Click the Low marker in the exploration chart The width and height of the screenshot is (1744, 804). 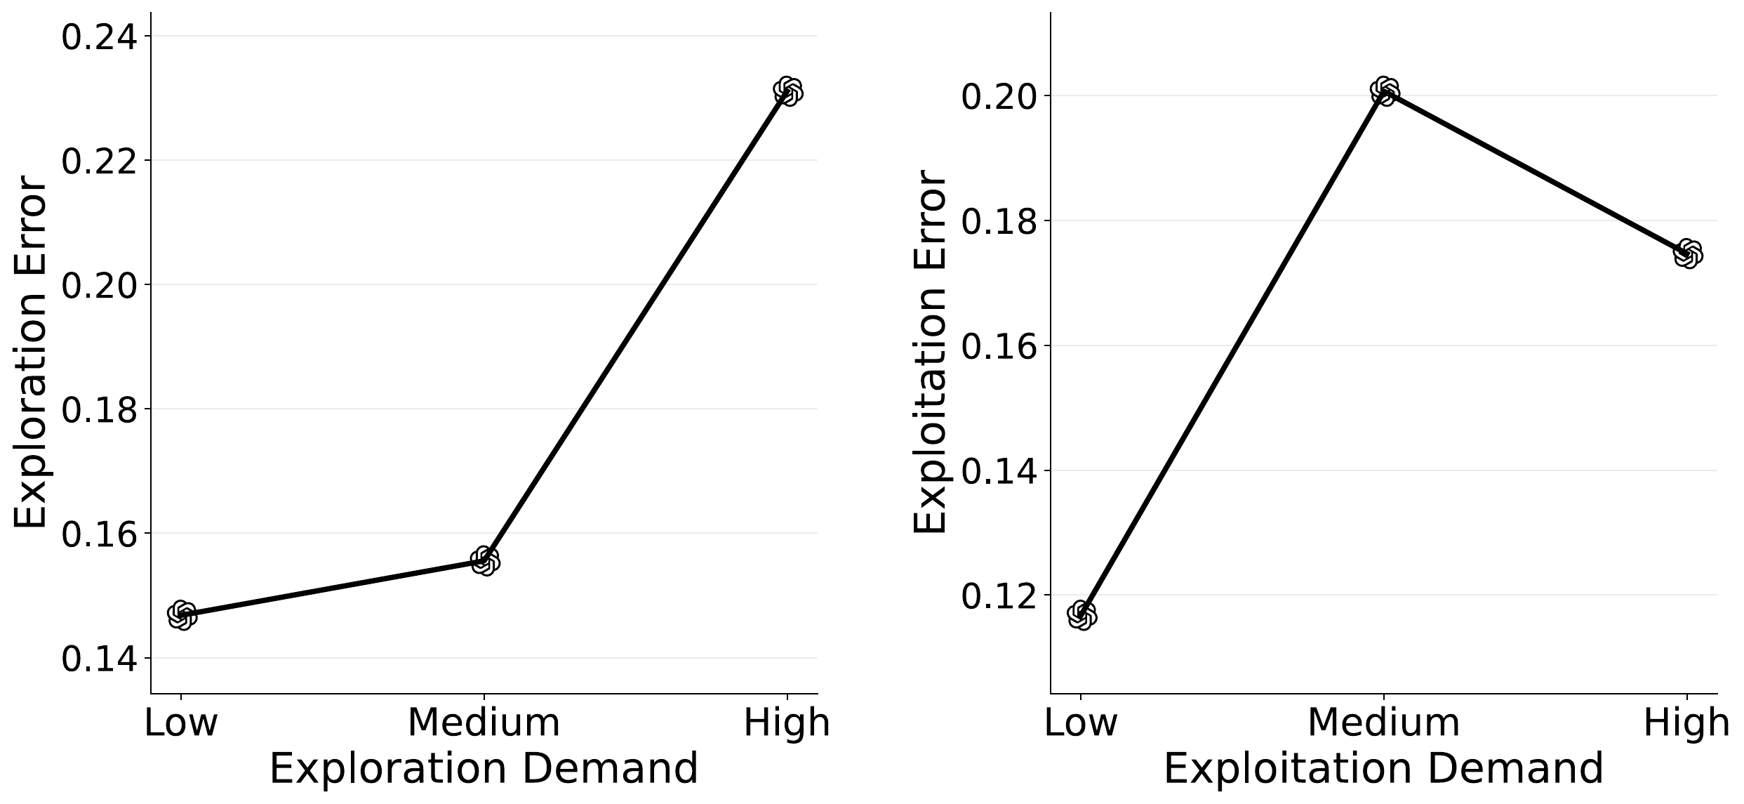point(182,616)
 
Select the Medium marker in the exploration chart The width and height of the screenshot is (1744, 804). point(485,560)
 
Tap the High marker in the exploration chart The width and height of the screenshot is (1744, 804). point(787,91)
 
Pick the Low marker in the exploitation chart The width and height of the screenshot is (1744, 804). point(1081,615)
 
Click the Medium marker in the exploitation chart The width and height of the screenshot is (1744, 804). point(1384,91)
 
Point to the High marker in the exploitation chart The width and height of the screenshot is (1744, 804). point(1688,253)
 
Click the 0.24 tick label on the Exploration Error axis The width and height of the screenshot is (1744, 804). point(99,37)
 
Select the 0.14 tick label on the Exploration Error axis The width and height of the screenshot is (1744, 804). point(99,659)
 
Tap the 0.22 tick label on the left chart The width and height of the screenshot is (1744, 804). point(99,162)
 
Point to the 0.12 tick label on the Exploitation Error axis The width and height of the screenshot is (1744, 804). point(999,596)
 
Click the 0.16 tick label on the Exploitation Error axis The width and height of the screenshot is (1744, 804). point(999,347)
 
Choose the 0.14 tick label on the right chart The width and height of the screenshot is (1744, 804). point(999,471)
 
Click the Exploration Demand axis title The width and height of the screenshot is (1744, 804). point(484,768)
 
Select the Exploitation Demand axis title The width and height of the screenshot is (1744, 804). point(1383,768)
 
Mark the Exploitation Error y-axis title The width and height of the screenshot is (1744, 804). point(931,351)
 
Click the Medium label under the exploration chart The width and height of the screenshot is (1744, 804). point(484,723)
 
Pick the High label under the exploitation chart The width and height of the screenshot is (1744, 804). point(1686,723)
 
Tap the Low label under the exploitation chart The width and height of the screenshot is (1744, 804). point(1081,723)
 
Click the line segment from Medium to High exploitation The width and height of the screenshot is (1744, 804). point(1536,172)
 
